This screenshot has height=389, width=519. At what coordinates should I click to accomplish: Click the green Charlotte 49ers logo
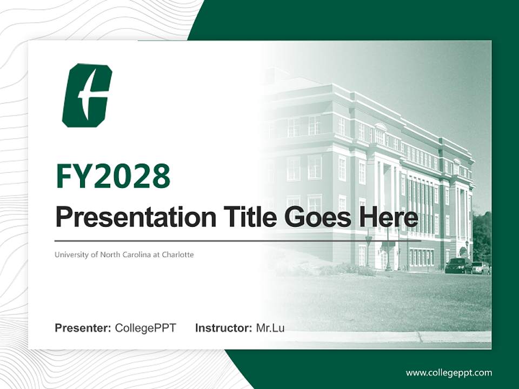point(86,95)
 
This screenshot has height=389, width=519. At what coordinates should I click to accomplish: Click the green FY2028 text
point(113,176)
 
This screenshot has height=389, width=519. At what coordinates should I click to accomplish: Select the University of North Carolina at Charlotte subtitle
point(124,254)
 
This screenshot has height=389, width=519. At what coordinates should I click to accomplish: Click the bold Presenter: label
point(83,328)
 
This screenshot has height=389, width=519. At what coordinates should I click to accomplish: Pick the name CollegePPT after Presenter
point(145,328)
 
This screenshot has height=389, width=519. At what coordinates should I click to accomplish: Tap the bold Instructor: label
point(223,328)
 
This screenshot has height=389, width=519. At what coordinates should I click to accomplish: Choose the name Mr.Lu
point(270,328)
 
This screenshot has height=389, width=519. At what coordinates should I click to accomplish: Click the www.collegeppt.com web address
point(449,372)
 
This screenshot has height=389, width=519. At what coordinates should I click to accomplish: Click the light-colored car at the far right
point(481,267)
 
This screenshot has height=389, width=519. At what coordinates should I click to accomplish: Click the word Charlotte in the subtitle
point(178,254)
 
